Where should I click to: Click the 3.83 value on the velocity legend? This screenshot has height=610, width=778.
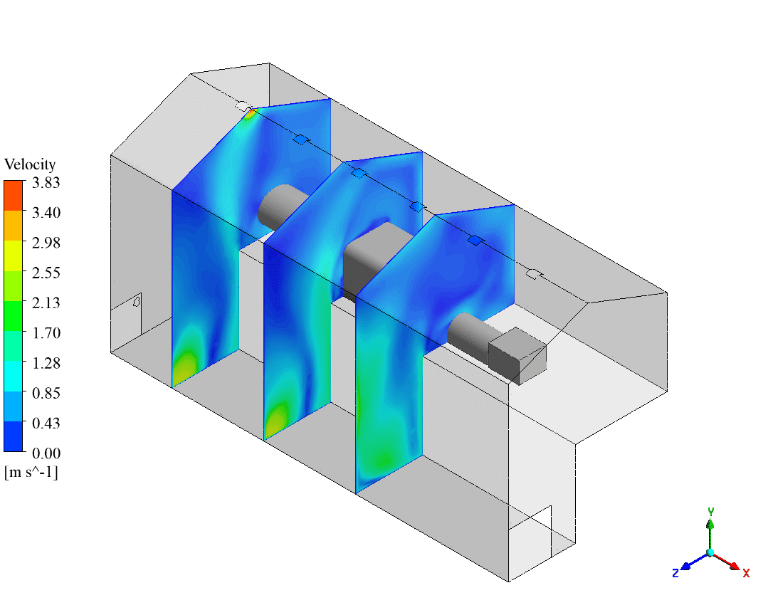click(x=46, y=183)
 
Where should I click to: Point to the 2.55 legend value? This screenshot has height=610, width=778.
click(x=46, y=273)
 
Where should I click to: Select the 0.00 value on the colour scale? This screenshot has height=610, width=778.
click(x=46, y=453)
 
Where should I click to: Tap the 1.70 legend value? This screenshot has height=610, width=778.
click(x=46, y=332)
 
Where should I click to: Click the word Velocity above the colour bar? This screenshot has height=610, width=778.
click(x=30, y=164)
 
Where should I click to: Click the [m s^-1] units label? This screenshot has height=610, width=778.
click(x=31, y=471)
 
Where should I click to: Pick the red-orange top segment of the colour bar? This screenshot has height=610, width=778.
click(x=14, y=196)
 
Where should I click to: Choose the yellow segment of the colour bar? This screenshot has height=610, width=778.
click(x=14, y=256)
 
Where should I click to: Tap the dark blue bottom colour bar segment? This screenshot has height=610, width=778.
click(x=14, y=437)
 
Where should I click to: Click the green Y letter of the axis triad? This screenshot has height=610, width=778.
click(x=710, y=511)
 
